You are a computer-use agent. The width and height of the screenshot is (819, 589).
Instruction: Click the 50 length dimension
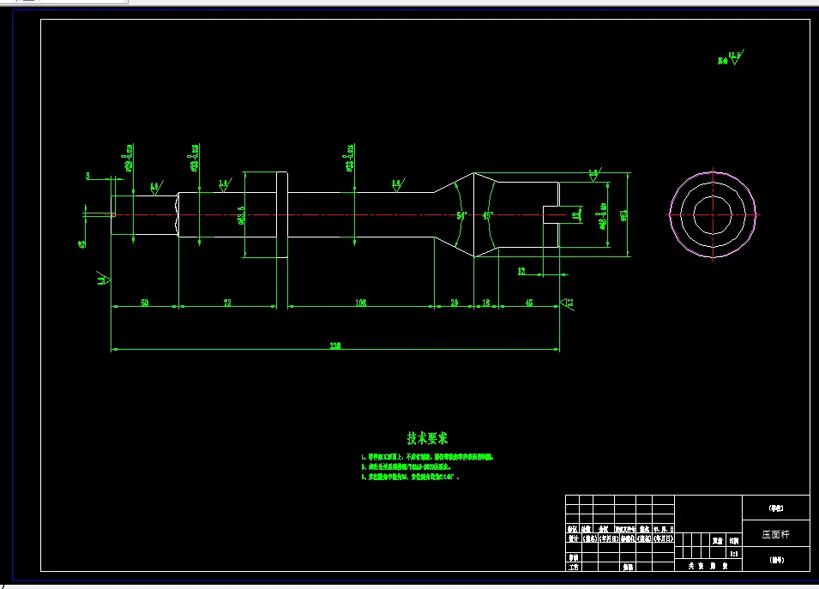145,303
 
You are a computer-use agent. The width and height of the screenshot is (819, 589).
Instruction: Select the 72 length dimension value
228,303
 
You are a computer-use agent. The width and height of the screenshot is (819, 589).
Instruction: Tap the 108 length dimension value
360,303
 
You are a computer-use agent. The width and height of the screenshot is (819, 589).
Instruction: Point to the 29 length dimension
455,303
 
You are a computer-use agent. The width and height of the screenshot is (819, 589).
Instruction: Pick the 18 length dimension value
486,303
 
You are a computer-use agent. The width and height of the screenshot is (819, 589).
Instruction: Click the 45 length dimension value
528,303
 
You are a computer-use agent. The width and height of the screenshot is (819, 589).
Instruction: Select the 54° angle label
461,216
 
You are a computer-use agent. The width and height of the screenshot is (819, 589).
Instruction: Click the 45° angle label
487,216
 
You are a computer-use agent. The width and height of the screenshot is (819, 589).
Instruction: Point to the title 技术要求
427,438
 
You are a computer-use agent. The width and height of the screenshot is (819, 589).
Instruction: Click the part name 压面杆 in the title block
774,533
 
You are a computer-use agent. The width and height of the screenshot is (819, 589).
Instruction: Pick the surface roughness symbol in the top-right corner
734,58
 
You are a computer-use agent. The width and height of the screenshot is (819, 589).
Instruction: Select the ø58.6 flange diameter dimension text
241,214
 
